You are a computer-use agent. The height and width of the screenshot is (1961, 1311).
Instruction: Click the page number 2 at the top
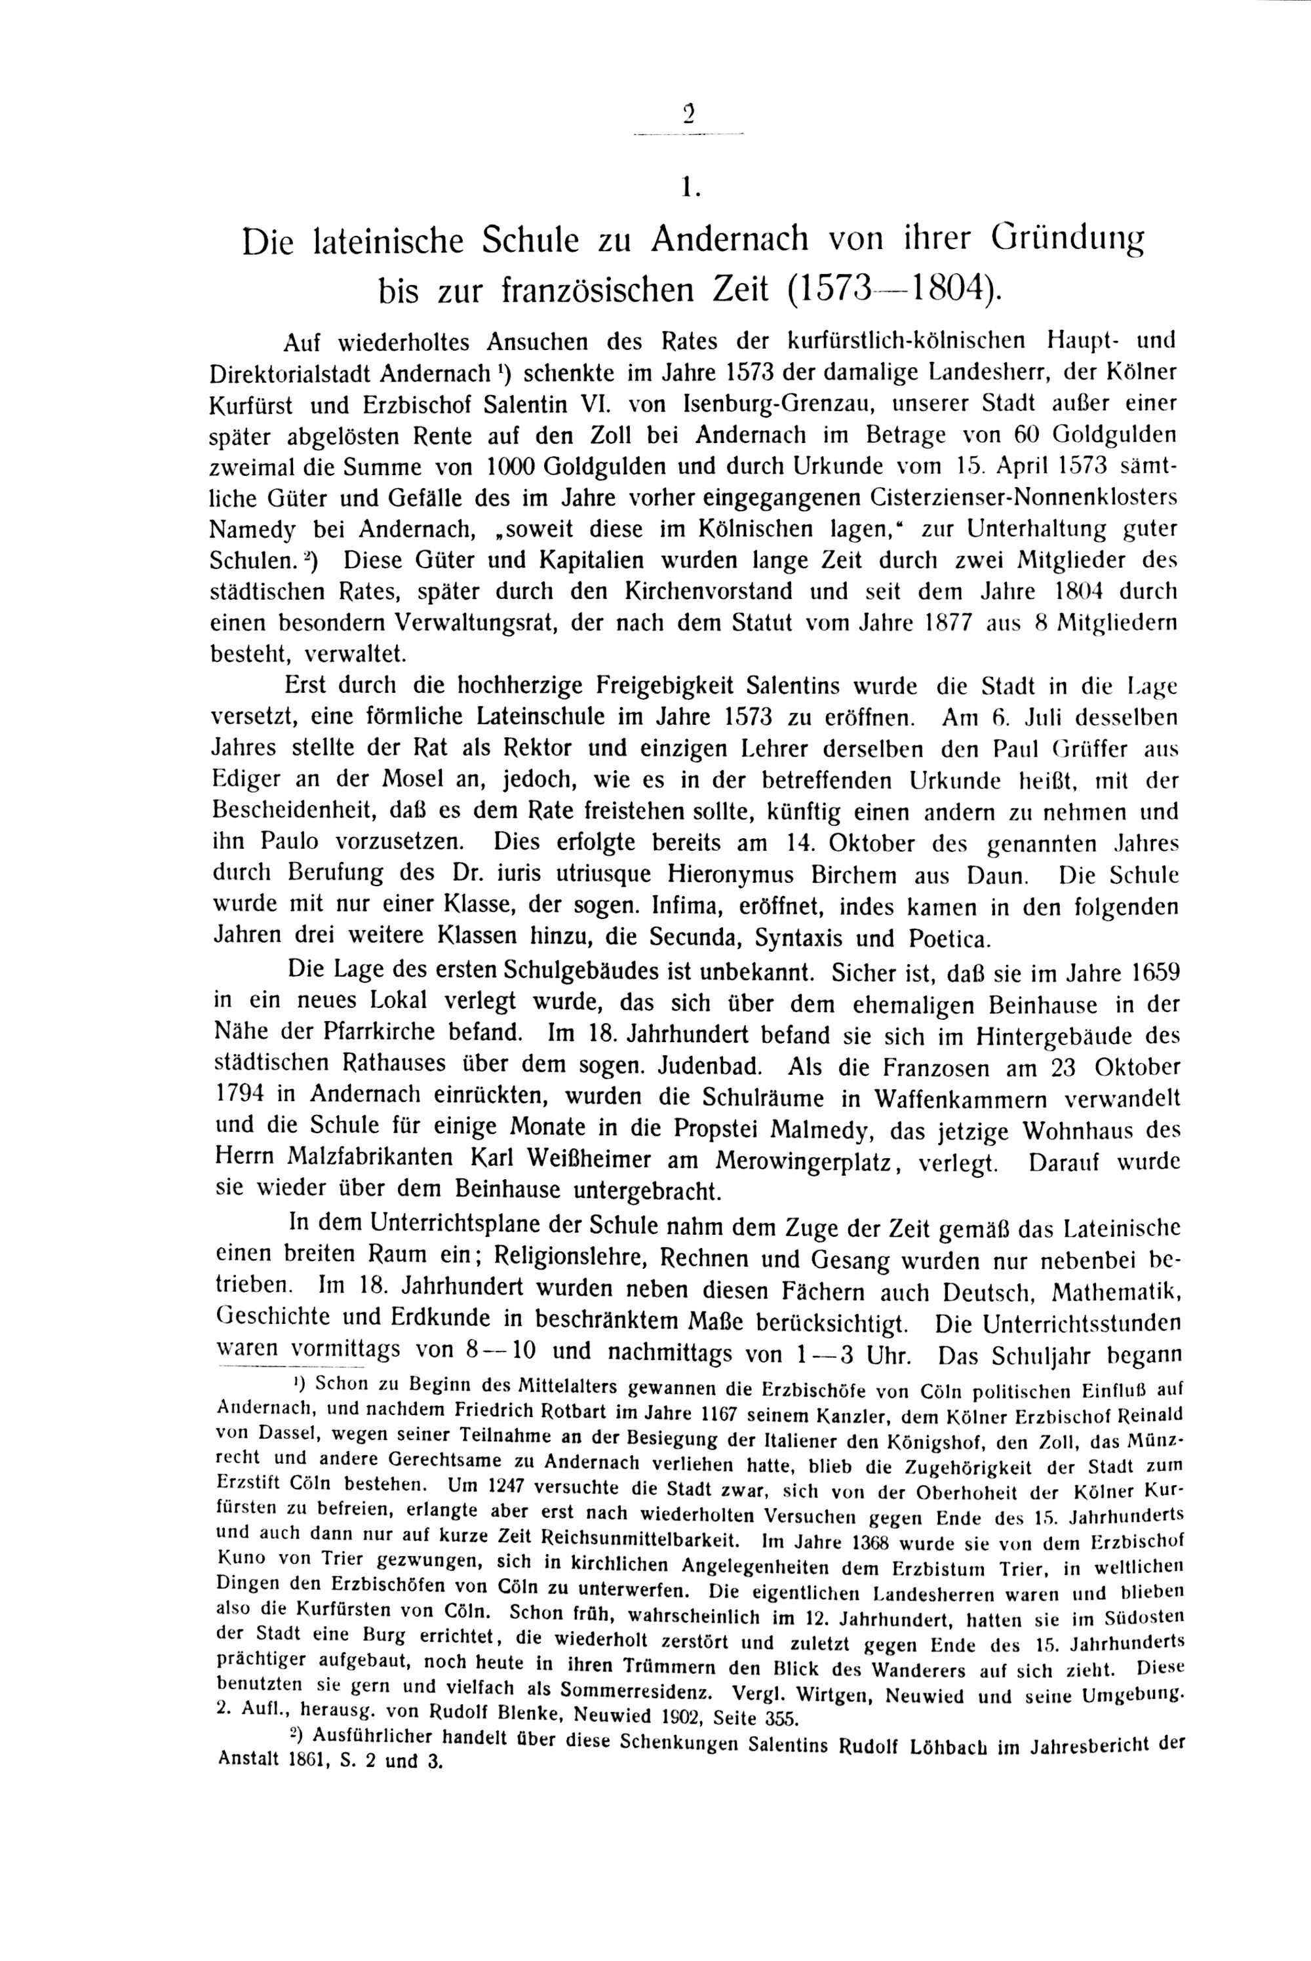(x=688, y=113)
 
